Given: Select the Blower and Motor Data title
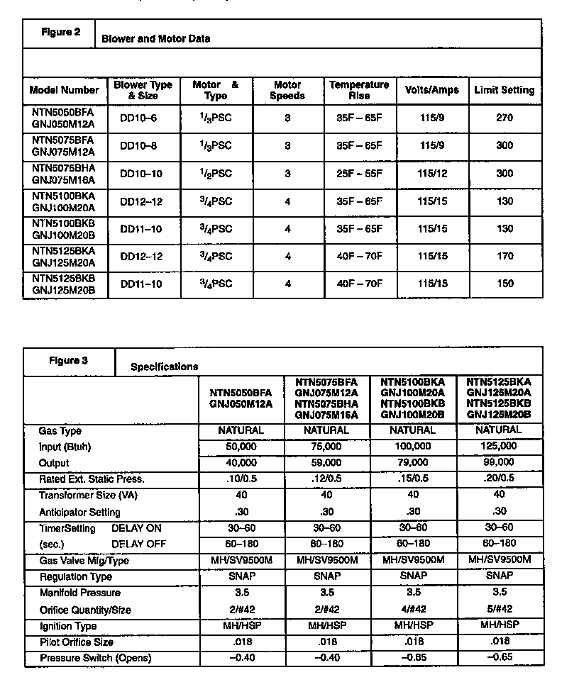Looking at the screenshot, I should (x=155, y=38).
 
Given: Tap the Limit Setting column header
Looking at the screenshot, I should (x=504, y=90).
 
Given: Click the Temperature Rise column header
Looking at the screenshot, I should (x=359, y=90).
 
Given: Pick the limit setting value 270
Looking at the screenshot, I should (x=504, y=118).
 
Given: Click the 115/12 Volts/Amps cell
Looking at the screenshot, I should (x=432, y=174).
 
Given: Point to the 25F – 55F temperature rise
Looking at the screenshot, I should (x=359, y=174).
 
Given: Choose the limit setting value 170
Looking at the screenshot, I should (x=504, y=257).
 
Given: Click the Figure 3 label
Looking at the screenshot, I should (x=68, y=360).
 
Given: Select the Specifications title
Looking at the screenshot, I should (x=164, y=367).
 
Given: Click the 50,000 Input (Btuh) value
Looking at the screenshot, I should (x=241, y=447).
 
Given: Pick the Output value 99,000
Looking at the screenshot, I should (x=499, y=463).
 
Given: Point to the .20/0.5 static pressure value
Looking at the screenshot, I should (x=499, y=479).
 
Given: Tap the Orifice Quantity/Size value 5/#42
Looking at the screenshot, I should (x=499, y=610).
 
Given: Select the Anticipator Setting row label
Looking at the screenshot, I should (x=79, y=512).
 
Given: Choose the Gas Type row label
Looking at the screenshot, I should (x=60, y=430).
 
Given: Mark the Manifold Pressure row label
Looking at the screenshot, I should (x=79, y=593).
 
